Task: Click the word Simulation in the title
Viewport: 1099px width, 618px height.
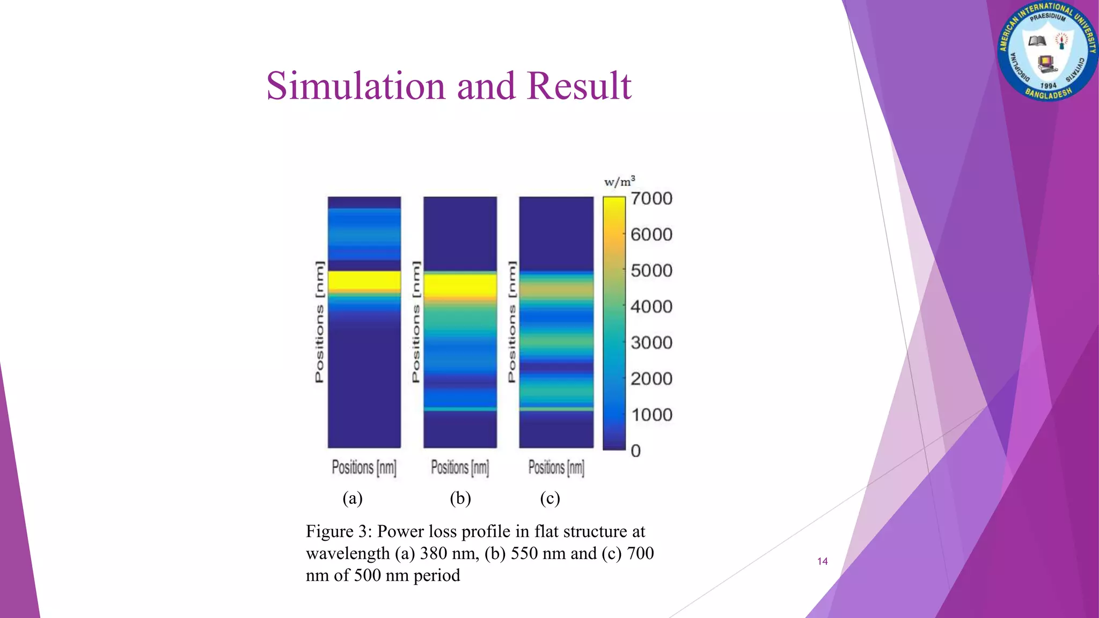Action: (x=356, y=86)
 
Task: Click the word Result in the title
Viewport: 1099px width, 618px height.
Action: (x=579, y=86)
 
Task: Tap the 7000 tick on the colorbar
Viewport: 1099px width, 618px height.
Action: (x=651, y=199)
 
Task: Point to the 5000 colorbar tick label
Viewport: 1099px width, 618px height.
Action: (x=651, y=271)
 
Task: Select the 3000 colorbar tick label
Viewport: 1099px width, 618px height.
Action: (x=651, y=343)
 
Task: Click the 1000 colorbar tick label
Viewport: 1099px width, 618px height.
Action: (x=651, y=415)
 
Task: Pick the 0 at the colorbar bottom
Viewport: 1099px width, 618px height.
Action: (x=636, y=451)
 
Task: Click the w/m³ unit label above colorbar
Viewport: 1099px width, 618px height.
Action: (x=619, y=182)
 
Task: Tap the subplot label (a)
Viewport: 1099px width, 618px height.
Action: (x=353, y=498)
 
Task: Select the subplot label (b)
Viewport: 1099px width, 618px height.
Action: (x=460, y=498)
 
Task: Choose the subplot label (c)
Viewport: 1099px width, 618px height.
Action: (x=550, y=498)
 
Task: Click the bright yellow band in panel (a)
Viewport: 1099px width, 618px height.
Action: (x=364, y=281)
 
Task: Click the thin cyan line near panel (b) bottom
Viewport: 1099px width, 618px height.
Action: (x=460, y=409)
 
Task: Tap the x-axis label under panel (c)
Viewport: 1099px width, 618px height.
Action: (x=556, y=468)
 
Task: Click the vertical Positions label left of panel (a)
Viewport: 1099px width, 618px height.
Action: (x=319, y=322)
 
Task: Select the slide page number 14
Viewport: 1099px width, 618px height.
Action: (x=822, y=561)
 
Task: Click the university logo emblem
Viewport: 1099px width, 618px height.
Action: (x=1047, y=51)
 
